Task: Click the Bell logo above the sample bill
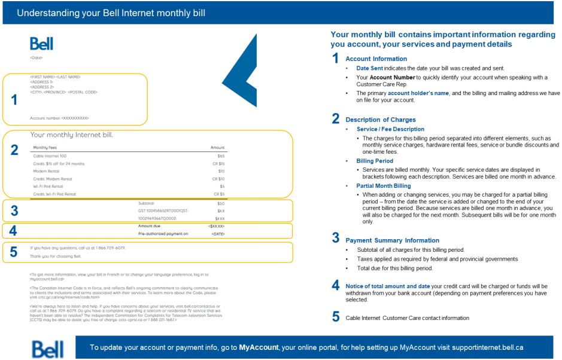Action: point(41,44)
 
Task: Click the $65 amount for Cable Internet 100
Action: point(221,155)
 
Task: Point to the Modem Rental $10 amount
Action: point(221,171)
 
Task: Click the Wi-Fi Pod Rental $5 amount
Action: point(221,186)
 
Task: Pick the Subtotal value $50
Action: point(221,203)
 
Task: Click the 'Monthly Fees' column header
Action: point(45,147)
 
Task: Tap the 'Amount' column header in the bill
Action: point(217,147)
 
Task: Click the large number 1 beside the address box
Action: point(14,100)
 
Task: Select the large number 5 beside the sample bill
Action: point(14,252)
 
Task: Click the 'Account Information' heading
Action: point(376,59)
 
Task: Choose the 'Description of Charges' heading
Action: point(380,120)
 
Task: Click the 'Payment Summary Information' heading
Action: point(392,240)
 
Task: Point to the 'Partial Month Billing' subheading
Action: point(384,186)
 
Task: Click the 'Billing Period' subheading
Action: point(375,161)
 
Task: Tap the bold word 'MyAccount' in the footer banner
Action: point(259,347)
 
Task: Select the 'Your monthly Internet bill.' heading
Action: point(71,135)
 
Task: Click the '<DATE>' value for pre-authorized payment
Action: point(217,234)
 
